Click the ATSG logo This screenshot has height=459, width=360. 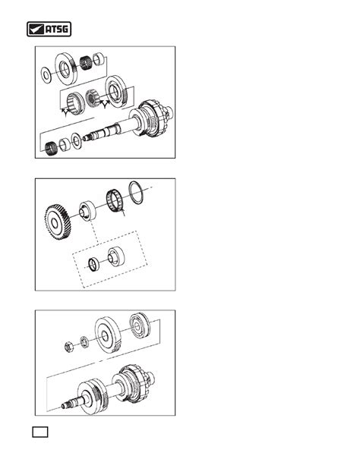(49, 29)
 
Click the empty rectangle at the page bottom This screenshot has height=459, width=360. (40, 432)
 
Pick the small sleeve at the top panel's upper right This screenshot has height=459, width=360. (99, 59)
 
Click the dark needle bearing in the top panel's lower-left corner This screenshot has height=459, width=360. (51, 149)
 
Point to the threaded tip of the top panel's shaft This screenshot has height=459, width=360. (86, 137)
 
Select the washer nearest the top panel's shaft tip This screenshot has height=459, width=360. (77, 140)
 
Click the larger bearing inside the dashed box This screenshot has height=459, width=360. (116, 257)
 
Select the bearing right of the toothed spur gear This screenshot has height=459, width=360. (87, 211)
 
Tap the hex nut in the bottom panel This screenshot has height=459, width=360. (69, 347)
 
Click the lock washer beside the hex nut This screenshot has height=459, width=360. (84, 342)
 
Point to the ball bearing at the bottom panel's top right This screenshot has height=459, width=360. (140, 325)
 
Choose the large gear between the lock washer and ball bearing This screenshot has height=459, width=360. (108, 335)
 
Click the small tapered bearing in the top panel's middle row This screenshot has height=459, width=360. (92, 98)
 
